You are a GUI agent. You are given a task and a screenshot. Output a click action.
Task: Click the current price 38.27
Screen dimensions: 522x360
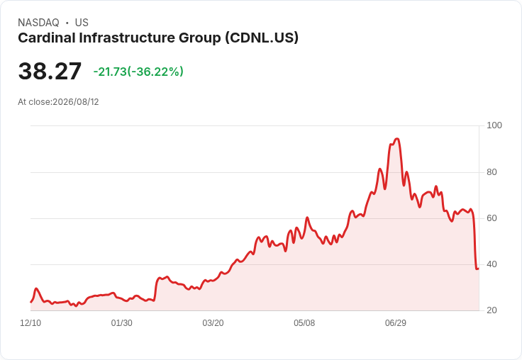[x=50, y=71]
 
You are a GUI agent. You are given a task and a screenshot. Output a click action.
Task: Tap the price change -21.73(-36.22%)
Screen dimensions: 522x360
[x=138, y=72]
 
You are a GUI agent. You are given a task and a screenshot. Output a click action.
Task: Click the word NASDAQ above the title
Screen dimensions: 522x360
[x=38, y=23]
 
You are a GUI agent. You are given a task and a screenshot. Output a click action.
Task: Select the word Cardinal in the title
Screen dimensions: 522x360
[x=47, y=38]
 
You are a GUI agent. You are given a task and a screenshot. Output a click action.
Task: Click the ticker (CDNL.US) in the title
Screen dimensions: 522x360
[x=262, y=38]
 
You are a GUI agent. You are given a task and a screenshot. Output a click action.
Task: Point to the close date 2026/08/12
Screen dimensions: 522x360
[x=76, y=102]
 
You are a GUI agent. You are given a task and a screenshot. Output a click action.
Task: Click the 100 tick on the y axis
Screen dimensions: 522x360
[x=494, y=125]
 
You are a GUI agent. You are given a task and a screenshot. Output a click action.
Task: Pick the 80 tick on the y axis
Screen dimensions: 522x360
[x=492, y=172]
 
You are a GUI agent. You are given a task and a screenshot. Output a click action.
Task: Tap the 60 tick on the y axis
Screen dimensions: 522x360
[x=492, y=218]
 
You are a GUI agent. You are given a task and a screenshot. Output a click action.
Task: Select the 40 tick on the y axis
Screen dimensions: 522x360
[x=492, y=264]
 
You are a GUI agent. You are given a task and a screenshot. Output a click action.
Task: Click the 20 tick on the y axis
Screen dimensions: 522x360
[x=492, y=310]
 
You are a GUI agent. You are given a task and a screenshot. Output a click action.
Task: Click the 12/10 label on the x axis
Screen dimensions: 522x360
[x=30, y=323]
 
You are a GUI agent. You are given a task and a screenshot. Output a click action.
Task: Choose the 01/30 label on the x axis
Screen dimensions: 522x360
[x=122, y=323]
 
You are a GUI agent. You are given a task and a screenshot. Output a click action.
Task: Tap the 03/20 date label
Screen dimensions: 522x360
[x=213, y=323]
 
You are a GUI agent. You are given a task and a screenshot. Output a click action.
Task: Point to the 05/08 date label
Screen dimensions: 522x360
[x=304, y=323]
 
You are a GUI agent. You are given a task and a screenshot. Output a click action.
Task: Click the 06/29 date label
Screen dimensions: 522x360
[x=396, y=323]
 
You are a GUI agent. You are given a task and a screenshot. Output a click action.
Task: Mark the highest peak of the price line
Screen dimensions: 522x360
[x=397, y=139]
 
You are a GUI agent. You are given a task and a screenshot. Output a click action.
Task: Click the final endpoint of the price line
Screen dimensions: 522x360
[x=479, y=269]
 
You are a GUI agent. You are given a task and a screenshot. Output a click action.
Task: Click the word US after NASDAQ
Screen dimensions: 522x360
[x=82, y=23]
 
